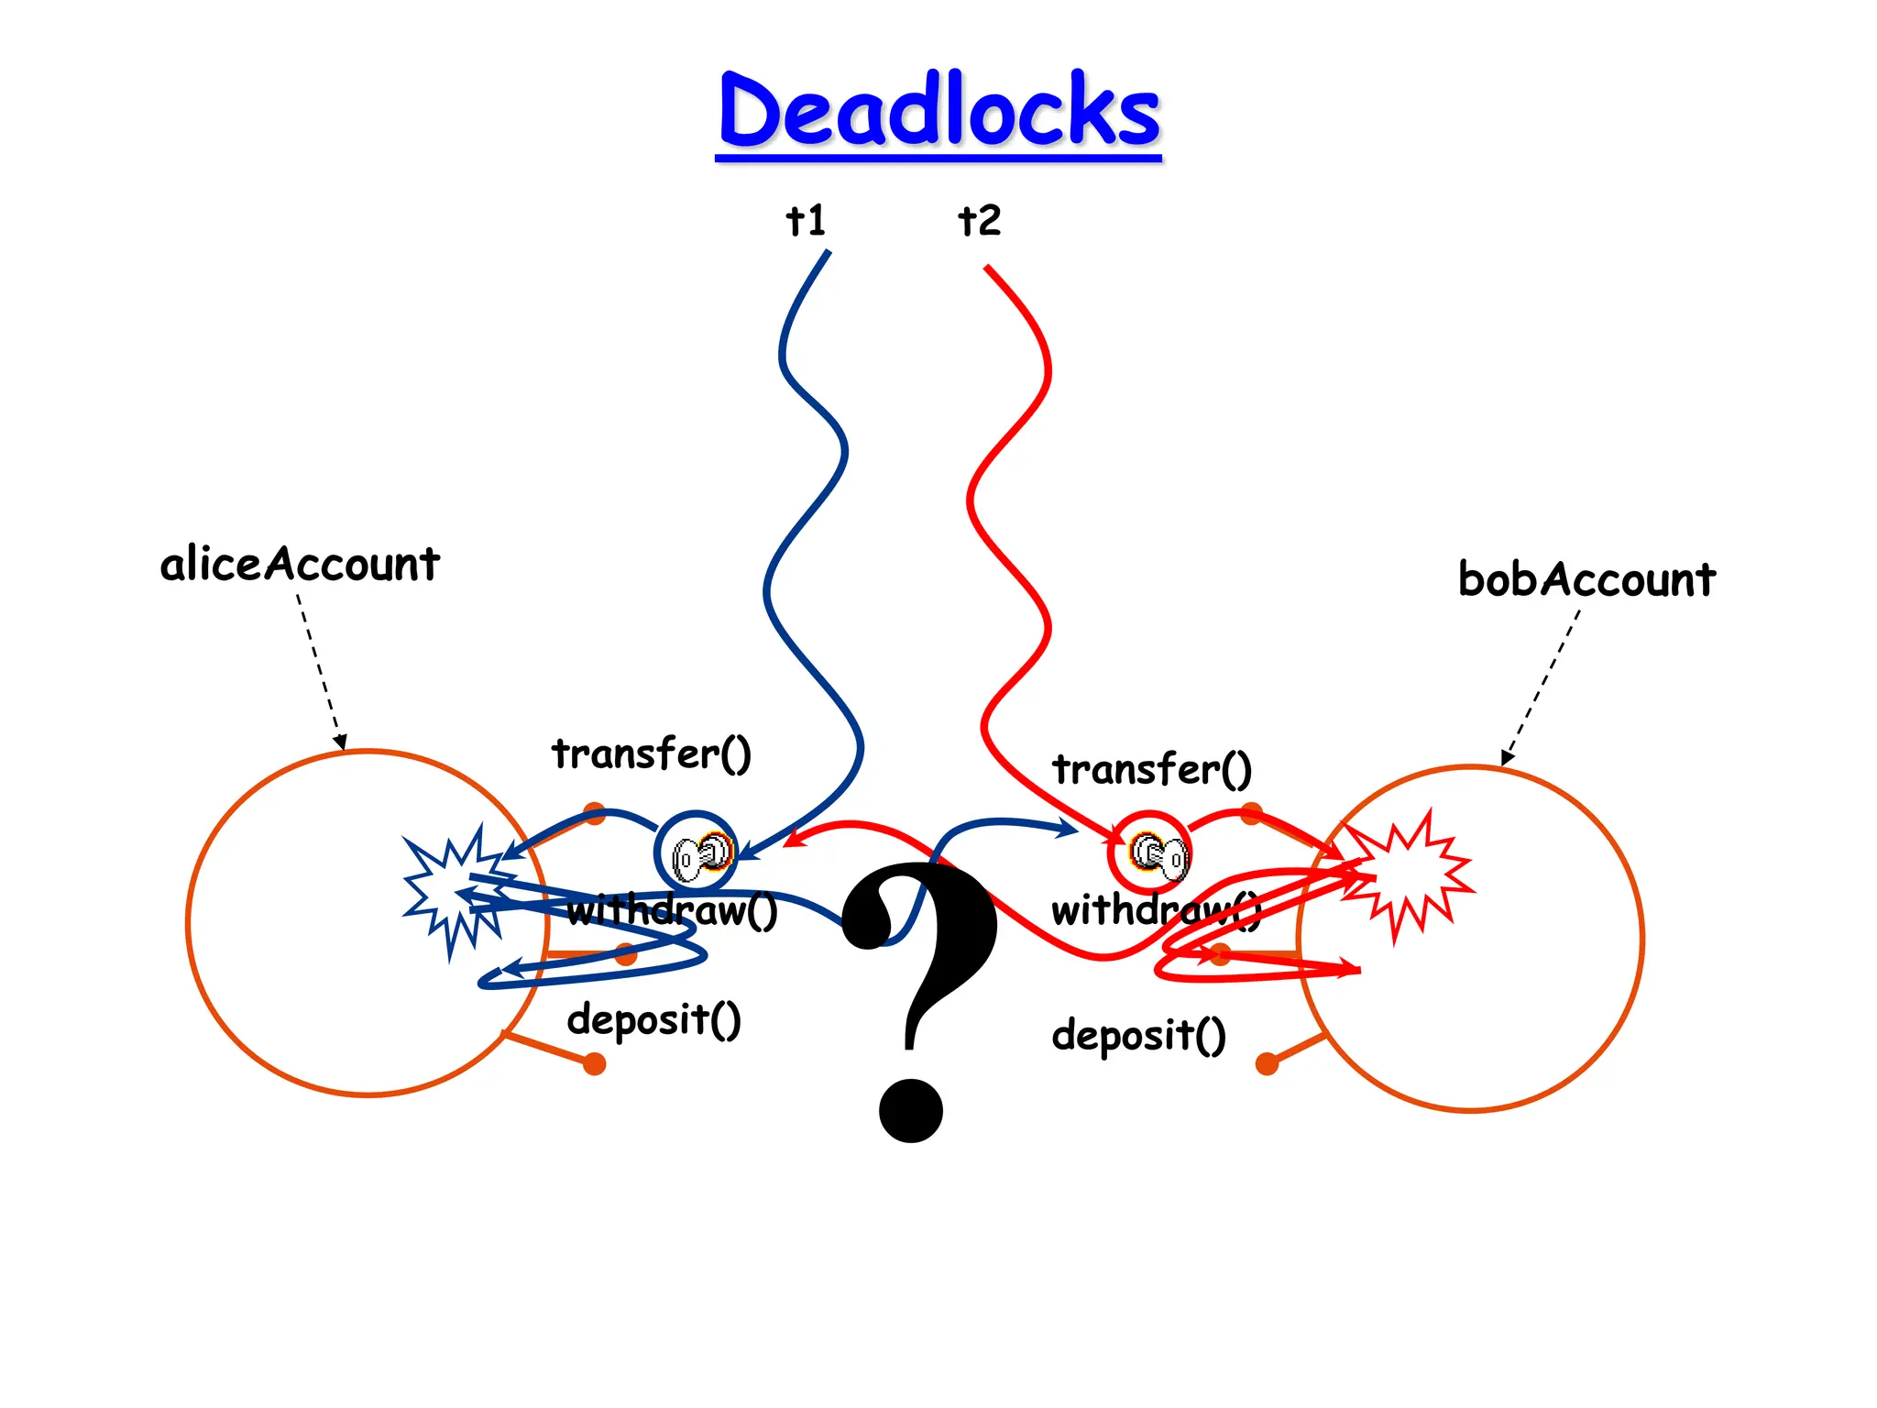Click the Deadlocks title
(x=938, y=112)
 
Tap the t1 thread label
(x=807, y=221)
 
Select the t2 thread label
(x=979, y=221)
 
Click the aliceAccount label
(x=300, y=564)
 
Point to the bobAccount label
(x=1586, y=579)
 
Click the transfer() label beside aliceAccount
(x=652, y=753)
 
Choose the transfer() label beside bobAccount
(x=1151, y=769)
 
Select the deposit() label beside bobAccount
(x=1138, y=1036)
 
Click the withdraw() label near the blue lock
(x=672, y=910)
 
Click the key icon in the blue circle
(x=700, y=854)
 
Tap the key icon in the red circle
(x=1157, y=853)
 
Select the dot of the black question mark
(x=911, y=1110)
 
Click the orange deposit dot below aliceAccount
(x=595, y=1064)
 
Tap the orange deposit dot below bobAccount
(x=1268, y=1063)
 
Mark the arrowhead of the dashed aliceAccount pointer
(x=340, y=742)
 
